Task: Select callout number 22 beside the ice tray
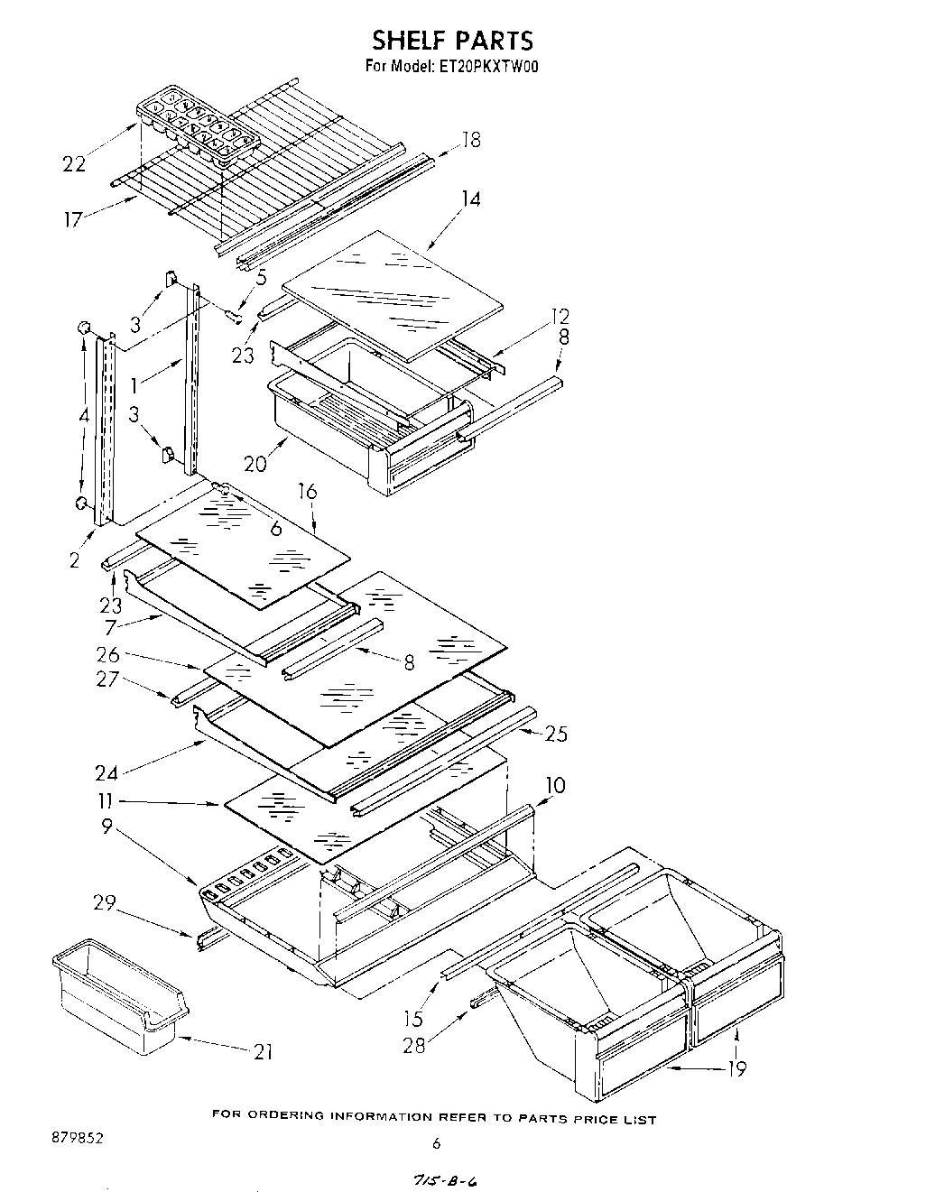click(75, 163)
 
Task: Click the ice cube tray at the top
click(197, 128)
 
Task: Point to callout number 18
click(471, 140)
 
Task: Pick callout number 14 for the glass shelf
click(471, 199)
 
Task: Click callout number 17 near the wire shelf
click(73, 218)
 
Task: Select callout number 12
click(560, 316)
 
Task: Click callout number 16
click(308, 491)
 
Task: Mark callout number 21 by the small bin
click(263, 1051)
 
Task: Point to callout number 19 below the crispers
click(737, 1068)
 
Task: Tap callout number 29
click(106, 901)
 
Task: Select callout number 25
click(556, 734)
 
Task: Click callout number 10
click(555, 785)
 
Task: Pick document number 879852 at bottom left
click(77, 1139)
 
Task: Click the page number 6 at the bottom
click(437, 1143)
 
